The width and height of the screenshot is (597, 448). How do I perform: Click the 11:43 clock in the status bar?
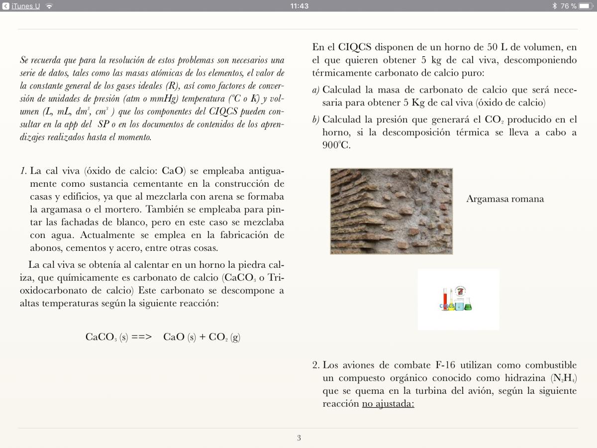[298, 6]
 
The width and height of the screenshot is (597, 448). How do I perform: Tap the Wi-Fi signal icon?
[49, 6]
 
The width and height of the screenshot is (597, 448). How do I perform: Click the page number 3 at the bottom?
[298, 438]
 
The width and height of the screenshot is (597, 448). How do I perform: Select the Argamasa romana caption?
[505, 199]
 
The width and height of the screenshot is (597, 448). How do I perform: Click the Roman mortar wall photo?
[391, 211]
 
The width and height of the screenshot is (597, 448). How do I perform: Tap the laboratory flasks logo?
[458, 299]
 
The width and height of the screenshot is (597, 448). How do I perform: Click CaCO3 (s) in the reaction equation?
[106, 337]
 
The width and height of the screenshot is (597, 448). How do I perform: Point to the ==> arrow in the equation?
[142, 337]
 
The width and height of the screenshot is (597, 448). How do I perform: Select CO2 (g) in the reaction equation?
[224, 337]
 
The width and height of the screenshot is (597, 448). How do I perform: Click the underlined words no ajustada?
[388, 404]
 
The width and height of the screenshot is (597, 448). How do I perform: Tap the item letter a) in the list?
[316, 91]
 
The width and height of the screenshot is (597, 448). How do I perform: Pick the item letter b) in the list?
[316, 120]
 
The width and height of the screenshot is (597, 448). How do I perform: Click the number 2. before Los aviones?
[316, 365]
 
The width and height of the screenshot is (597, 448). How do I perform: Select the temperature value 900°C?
[336, 146]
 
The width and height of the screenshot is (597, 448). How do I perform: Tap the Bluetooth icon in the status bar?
[555, 6]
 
